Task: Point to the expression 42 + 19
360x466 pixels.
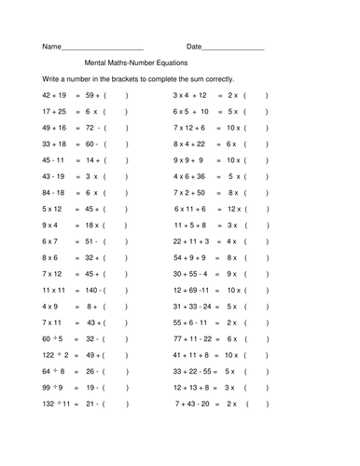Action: (56, 96)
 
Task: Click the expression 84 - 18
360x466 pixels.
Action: (55, 192)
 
